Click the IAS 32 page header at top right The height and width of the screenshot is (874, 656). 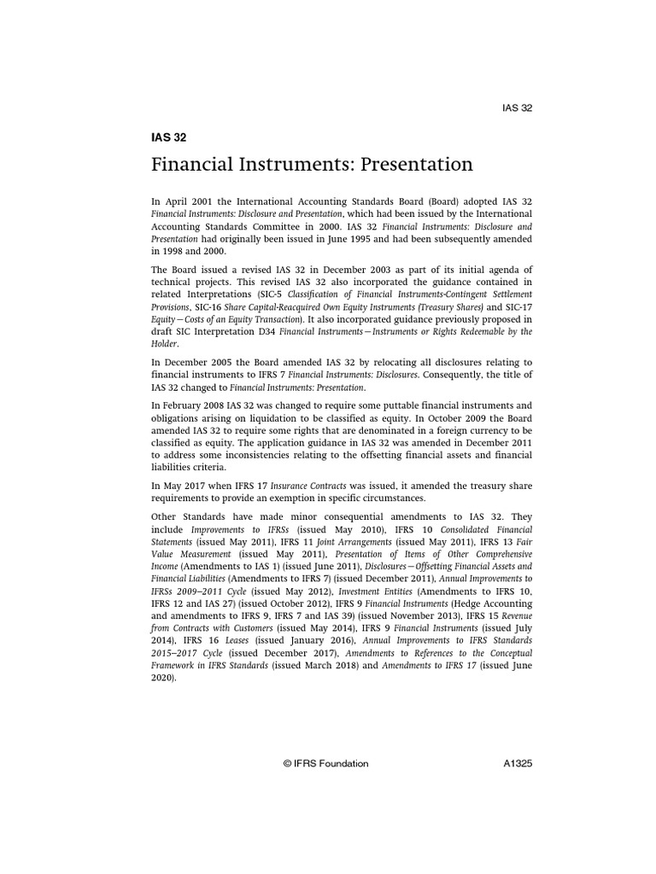(516, 108)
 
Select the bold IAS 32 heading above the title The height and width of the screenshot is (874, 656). (168, 137)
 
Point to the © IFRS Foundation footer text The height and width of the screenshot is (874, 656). (325, 764)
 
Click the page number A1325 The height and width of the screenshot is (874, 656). (518, 764)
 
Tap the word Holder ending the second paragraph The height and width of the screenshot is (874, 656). (166, 345)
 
